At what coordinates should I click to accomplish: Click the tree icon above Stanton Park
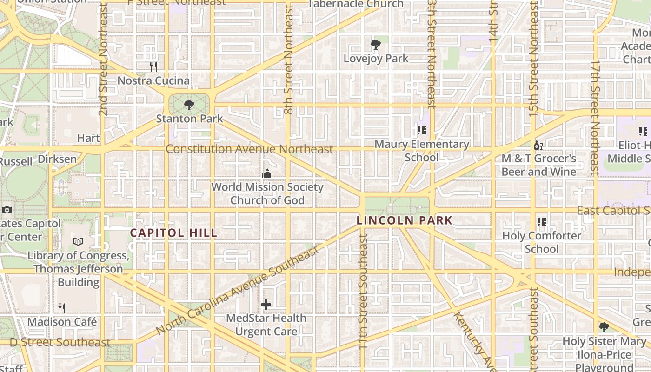pyautogui.click(x=189, y=105)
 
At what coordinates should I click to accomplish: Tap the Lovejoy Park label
pyautogui.click(x=376, y=59)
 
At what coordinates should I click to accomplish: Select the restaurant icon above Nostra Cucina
pyautogui.click(x=153, y=67)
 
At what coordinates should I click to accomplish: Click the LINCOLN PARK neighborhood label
pyautogui.click(x=405, y=220)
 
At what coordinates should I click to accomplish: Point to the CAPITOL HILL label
pyautogui.click(x=173, y=233)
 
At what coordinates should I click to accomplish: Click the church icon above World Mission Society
pyautogui.click(x=267, y=173)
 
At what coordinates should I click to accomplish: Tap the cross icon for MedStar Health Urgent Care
pyautogui.click(x=266, y=305)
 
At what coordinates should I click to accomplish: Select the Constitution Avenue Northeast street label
pyautogui.click(x=249, y=149)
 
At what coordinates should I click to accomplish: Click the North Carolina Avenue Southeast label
pyautogui.click(x=238, y=290)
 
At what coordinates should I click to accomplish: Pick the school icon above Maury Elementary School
pyautogui.click(x=422, y=131)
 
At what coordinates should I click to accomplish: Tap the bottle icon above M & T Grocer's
pyautogui.click(x=538, y=145)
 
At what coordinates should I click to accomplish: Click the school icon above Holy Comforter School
pyautogui.click(x=541, y=222)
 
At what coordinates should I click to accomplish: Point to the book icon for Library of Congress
pyautogui.click(x=78, y=242)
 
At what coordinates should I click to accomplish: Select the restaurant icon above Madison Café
pyautogui.click(x=62, y=308)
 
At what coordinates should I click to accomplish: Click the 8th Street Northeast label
pyautogui.click(x=288, y=60)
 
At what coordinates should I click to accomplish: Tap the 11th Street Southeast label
pyautogui.click(x=363, y=291)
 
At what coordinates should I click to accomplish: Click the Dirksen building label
pyautogui.click(x=57, y=159)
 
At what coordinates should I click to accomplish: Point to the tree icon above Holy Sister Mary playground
pyautogui.click(x=604, y=327)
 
